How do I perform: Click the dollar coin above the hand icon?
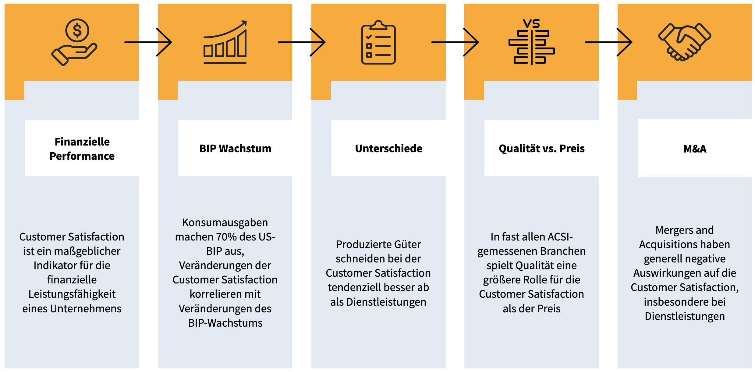[77, 30]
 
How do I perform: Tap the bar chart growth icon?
[225, 43]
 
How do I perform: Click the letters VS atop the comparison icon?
[531, 23]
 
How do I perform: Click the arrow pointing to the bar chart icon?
[148, 42]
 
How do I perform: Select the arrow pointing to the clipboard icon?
[302, 42]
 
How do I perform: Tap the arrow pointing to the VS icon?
[455, 42]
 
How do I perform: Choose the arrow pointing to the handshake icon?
[608, 42]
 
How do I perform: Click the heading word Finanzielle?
[82, 142]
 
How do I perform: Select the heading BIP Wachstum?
[235, 149]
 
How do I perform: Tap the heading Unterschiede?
[388, 149]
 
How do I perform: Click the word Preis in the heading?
[572, 149]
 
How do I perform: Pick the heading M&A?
[695, 149]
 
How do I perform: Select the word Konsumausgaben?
[225, 223]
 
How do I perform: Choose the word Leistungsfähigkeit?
[72, 294]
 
